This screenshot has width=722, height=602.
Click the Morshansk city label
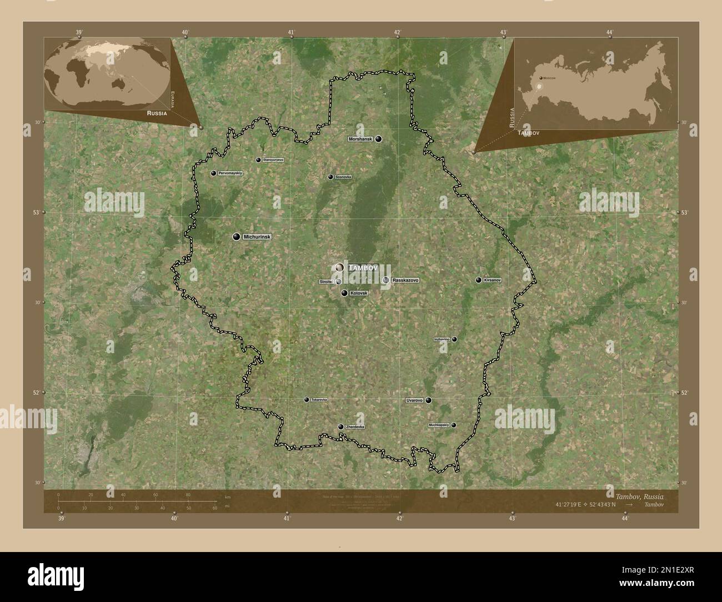pos(360,139)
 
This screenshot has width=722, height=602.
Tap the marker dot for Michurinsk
pos(237,237)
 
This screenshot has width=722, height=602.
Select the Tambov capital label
pos(363,268)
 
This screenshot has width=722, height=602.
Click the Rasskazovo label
pos(405,280)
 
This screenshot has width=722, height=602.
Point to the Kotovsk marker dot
pos(344,293)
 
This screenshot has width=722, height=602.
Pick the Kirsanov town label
pos(492,280)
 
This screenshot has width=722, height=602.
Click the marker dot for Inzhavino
pos(454,339)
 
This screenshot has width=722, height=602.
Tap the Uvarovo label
pos(415,400)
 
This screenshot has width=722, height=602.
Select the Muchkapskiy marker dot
pos(454,425)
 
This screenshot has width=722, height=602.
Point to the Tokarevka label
pos(319,399)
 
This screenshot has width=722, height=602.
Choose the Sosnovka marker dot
pos(330,177)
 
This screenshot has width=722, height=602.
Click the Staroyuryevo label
pos(273,160)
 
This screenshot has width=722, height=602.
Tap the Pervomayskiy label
pos(230,173)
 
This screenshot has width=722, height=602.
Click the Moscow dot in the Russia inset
pos(540,78)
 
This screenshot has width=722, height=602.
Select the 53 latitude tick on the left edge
pos(36,213)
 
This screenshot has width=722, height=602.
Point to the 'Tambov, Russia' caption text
pos(639,495)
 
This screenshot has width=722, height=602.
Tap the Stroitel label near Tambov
pos(326,282)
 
